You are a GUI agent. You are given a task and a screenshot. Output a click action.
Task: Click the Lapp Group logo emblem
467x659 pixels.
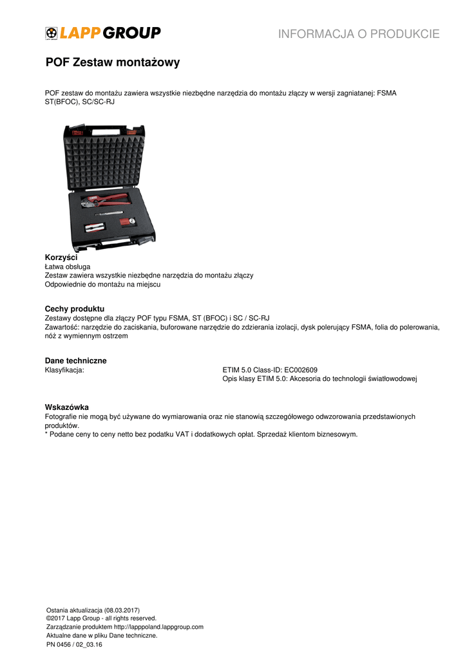52,33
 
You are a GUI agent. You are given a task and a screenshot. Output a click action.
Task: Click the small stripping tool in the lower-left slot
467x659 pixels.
94,227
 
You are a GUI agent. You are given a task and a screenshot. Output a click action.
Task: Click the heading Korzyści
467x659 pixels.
61,257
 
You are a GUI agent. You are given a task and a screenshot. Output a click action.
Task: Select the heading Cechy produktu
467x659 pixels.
74,309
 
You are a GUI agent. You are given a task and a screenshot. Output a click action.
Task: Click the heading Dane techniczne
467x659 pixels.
75,360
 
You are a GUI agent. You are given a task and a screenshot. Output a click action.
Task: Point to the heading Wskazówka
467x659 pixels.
66,407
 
